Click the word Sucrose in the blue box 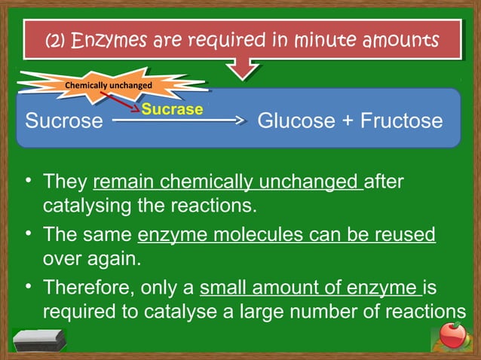(64, 121)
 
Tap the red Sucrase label (173, 109)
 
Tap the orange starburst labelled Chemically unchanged (109, 85)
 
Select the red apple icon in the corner (453, 337)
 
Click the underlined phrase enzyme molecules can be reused (286, 235)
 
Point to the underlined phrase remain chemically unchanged (228, 182)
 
